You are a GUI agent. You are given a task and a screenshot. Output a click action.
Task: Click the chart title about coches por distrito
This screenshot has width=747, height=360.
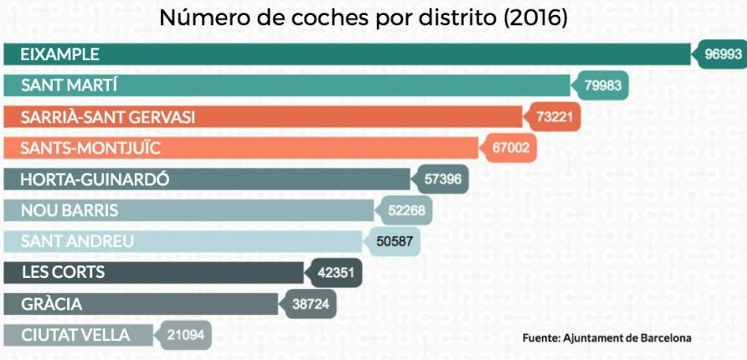coord(363,18)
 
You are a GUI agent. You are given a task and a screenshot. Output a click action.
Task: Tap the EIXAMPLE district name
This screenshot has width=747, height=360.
coord(59,54)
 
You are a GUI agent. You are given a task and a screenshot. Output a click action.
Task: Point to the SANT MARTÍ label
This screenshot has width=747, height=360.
coord(70,86)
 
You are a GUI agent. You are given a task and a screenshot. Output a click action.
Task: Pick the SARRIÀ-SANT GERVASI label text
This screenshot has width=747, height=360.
coord(107,117)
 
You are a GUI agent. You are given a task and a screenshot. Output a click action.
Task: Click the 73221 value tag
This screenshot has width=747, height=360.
coord(554,117)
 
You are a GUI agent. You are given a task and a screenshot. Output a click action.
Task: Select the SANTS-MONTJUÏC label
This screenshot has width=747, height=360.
coord(90,148)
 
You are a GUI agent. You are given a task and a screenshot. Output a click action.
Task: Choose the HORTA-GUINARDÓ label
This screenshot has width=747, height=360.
coord(95,179)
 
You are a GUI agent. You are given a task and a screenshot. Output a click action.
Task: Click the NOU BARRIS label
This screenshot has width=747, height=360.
coord(70,210)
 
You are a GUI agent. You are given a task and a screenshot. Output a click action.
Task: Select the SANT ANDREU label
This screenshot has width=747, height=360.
coord(77,241)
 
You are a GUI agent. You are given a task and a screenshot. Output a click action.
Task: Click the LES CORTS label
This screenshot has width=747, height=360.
coord(63,273)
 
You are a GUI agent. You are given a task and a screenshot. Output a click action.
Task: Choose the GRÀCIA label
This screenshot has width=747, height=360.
coord(52,304)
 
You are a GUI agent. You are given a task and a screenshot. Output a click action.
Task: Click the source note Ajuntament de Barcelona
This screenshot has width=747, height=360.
coord(607,338)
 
